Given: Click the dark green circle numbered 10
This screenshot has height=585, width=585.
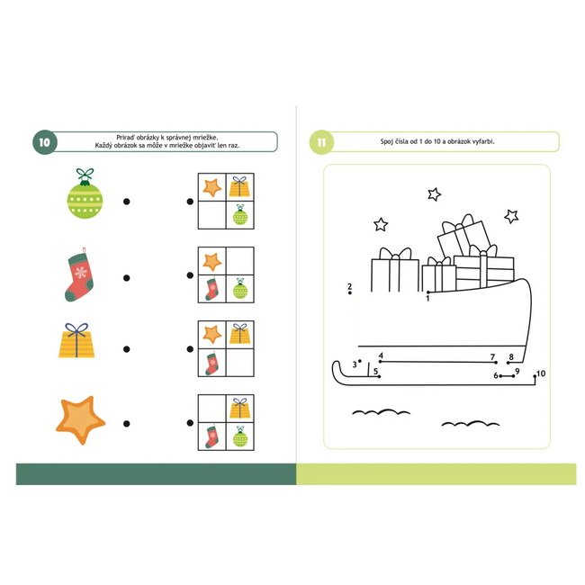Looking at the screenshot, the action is (x=45, y=142).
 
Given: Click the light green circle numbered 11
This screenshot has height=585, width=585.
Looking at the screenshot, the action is (x=321, y=142).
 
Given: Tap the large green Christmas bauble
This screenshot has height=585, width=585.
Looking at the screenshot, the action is (x=85, y=193).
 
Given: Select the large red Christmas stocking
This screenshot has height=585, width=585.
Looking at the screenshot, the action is (x=79, y=274).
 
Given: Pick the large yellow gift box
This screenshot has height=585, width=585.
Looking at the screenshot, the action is (x=76, y=340).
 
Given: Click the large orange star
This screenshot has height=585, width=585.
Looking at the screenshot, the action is (x=80, y=419).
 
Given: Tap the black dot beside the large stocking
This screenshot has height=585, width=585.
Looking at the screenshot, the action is (x=127, y=278).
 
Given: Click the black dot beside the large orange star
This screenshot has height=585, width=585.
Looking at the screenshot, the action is (x=127, y=424).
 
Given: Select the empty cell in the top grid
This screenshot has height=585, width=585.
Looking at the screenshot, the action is (x=211, y=215).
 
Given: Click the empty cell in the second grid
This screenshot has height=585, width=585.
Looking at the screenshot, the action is (x=240, y=261).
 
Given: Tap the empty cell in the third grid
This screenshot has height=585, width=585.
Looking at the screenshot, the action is (x=240, y=363).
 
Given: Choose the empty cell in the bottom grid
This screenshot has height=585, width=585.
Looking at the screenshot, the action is (x=211, y=409).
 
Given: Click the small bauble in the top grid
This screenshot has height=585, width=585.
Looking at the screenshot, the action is (x=240, y=214).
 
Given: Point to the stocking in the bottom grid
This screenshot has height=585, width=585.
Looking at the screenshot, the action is (x=211, y=436).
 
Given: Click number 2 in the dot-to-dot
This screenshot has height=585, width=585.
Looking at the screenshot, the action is (x=349, y=286).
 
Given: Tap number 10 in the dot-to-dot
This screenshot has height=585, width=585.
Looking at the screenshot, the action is (x=541, y=373).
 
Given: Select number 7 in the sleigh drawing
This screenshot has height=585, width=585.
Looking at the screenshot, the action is (x=492, y=357).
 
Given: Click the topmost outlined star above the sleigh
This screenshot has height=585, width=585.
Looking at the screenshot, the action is (x=435, y=194).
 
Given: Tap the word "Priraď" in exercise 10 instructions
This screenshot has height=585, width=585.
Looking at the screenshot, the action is (x=125, y=138).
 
